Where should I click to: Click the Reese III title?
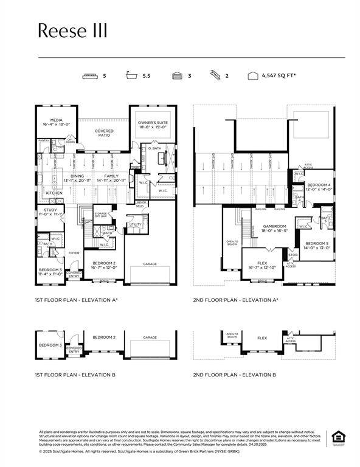[72, 30]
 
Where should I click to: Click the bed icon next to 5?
[89, 76]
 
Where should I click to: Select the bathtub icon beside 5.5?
[130, 76]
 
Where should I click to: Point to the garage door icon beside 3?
[177, 76]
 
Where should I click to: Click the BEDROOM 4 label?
[319, 185]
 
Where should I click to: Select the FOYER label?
[74, 252]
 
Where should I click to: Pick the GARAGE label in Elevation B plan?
[150, 337]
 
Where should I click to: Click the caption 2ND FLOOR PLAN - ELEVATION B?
[235, 375]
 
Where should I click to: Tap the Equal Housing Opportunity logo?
[337, 437]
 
